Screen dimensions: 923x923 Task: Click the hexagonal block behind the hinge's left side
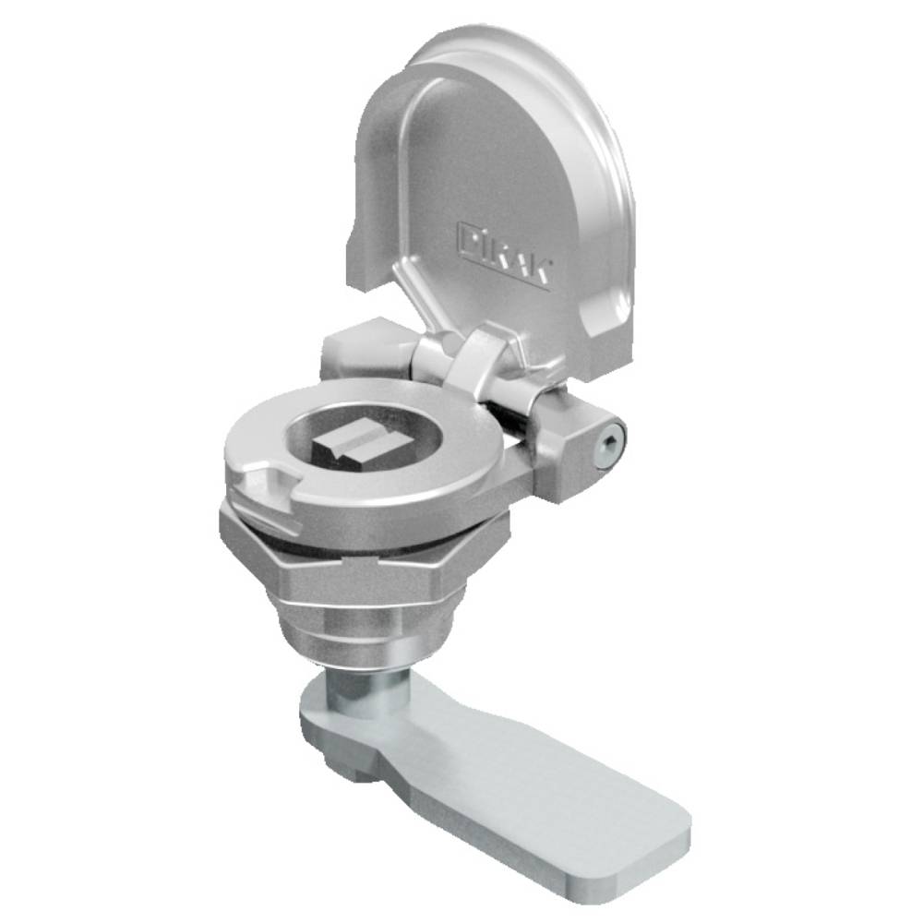pyautogui.click(x=355, y=346)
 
